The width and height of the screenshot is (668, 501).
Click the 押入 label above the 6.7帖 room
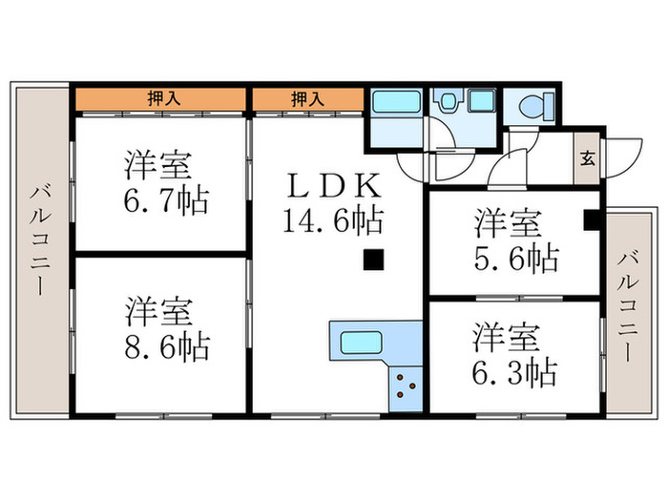coord(161,97)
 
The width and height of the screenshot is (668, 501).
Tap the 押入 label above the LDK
coord(306,97)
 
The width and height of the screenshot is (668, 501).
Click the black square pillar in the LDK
coord(375,258)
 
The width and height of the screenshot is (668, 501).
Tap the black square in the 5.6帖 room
coord(592,220)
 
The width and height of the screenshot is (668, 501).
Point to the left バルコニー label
coord(38,238)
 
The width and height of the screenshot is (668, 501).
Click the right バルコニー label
coord(627,305)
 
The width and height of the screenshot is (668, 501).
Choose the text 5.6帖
coord(516,258)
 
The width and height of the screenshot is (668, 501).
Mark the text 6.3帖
coord(515,369)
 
